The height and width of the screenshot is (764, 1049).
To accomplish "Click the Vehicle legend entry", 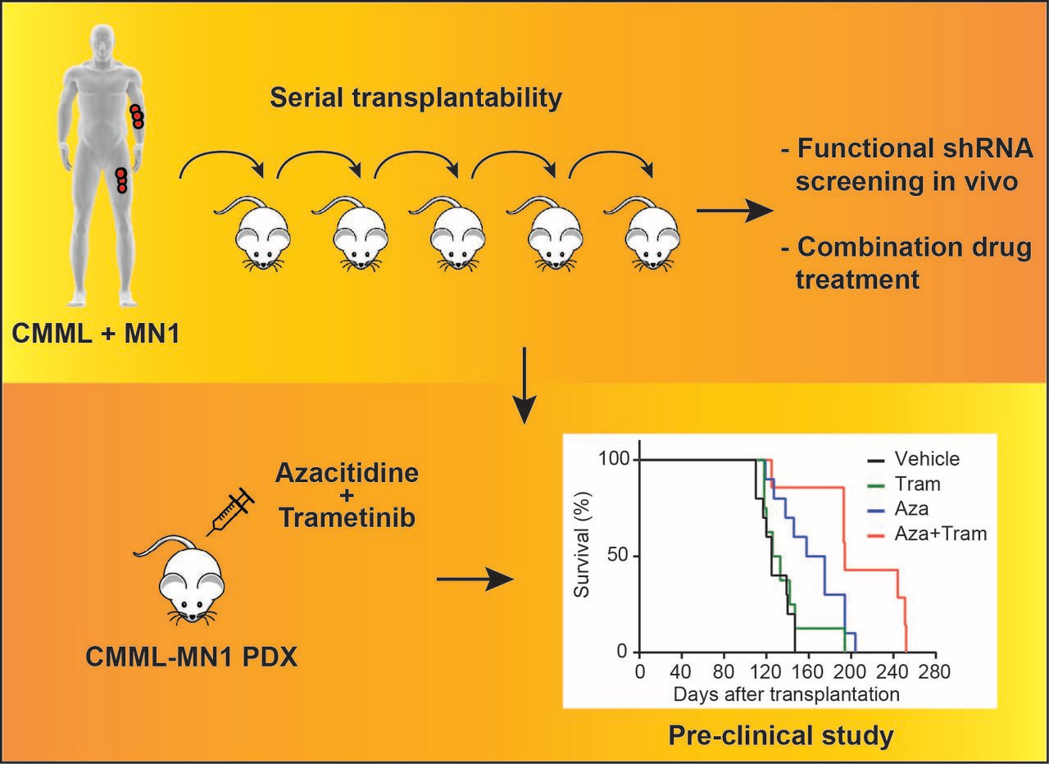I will tap(926, 460).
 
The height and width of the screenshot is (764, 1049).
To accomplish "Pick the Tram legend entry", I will tap(917, 484).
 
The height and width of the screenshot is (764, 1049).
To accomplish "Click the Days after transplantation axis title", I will tap(787, 694).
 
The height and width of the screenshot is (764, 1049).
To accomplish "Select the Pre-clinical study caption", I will tap(781, 735).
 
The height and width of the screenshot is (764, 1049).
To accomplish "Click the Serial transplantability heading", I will tap(417, 98).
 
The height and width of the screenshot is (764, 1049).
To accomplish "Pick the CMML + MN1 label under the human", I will tap(96, 334).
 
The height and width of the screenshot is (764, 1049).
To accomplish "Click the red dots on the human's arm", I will tap(137, 116).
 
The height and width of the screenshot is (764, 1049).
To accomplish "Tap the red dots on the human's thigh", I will tap(121, 180).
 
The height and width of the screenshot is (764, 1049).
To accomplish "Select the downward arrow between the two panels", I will tap(524, 385).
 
